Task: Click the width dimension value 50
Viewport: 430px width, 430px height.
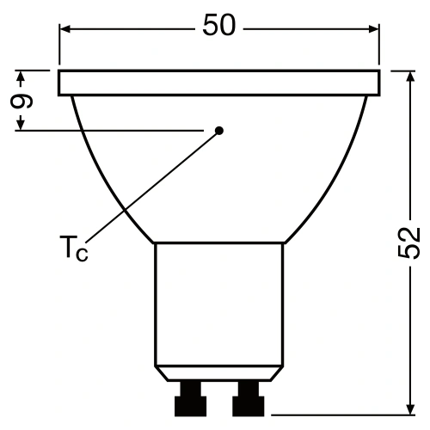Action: pos(219,26)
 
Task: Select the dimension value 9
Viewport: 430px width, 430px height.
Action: pos(25,100)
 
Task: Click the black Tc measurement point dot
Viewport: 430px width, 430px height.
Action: pos(219,131)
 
